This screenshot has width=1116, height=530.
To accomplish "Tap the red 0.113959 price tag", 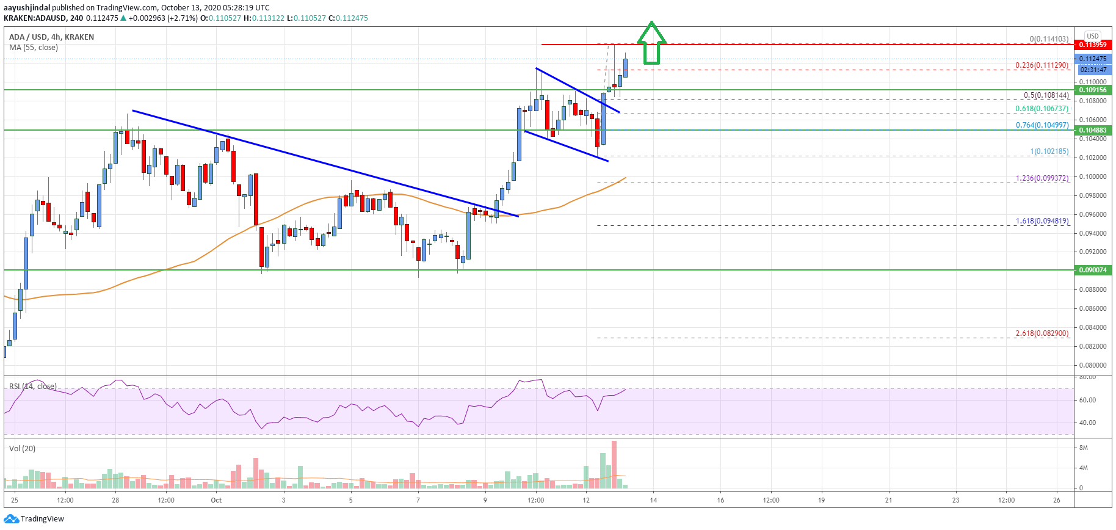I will point(1092,45).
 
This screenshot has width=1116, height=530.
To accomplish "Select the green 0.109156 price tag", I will point(1092,90).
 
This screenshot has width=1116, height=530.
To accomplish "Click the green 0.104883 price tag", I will point(1092,130).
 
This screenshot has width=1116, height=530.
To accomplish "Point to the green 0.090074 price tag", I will point(1092,270).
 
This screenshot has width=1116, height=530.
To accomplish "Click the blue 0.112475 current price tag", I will point(1092,59).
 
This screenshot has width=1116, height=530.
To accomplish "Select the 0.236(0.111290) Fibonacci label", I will point(1042,65).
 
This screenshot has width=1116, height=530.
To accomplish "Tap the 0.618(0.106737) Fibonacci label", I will point(1042,109).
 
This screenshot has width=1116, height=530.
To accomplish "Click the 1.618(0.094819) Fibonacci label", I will point(1042,221).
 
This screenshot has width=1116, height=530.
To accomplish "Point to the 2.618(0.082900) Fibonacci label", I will point(1042,333).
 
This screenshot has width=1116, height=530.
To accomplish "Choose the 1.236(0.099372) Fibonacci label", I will point(1042,178).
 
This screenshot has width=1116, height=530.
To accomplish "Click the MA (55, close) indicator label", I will point(34,47).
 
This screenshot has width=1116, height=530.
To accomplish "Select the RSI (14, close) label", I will point(33,386).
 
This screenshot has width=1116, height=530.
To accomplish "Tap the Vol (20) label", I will point(22,448).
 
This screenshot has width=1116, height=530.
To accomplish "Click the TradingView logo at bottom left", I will point(34,519).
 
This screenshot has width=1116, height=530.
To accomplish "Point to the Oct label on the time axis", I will point(216,500).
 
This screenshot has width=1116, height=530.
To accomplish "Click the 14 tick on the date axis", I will point(653,500).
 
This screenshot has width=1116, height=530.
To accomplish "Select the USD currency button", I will point(1092,36).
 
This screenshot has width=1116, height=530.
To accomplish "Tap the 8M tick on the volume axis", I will point(1084,448).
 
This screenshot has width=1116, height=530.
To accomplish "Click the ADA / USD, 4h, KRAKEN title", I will point(51,37).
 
